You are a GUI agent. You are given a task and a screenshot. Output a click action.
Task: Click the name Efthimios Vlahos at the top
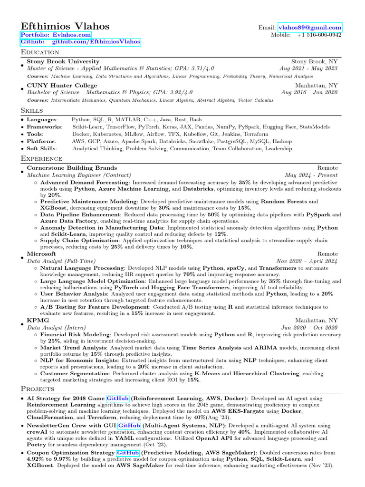[x=65, y=27]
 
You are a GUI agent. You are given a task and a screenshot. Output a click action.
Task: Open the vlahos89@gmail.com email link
[x=310, y=28]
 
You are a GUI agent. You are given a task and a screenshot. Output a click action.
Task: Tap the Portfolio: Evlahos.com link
[x=56, y=35]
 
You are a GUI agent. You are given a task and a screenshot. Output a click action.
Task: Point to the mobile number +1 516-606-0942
[x=319, y=35]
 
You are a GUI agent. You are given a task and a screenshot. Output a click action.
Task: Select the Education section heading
[x=40, y=52]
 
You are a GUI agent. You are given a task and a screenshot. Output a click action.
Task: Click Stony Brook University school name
[x=63, y=61]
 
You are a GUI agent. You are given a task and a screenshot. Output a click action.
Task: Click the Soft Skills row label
[x=41, y=148]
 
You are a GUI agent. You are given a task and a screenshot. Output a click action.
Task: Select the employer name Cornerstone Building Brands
[x=72, y=168]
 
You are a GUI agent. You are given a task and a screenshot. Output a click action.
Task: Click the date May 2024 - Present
[x=311, y=175]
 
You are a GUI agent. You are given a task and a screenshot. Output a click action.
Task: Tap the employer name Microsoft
[x=41, y=254]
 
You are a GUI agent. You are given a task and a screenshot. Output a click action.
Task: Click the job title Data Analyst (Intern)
[x=57, y=328]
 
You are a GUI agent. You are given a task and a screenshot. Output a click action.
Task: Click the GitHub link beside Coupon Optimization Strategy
[x=128, y=453]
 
